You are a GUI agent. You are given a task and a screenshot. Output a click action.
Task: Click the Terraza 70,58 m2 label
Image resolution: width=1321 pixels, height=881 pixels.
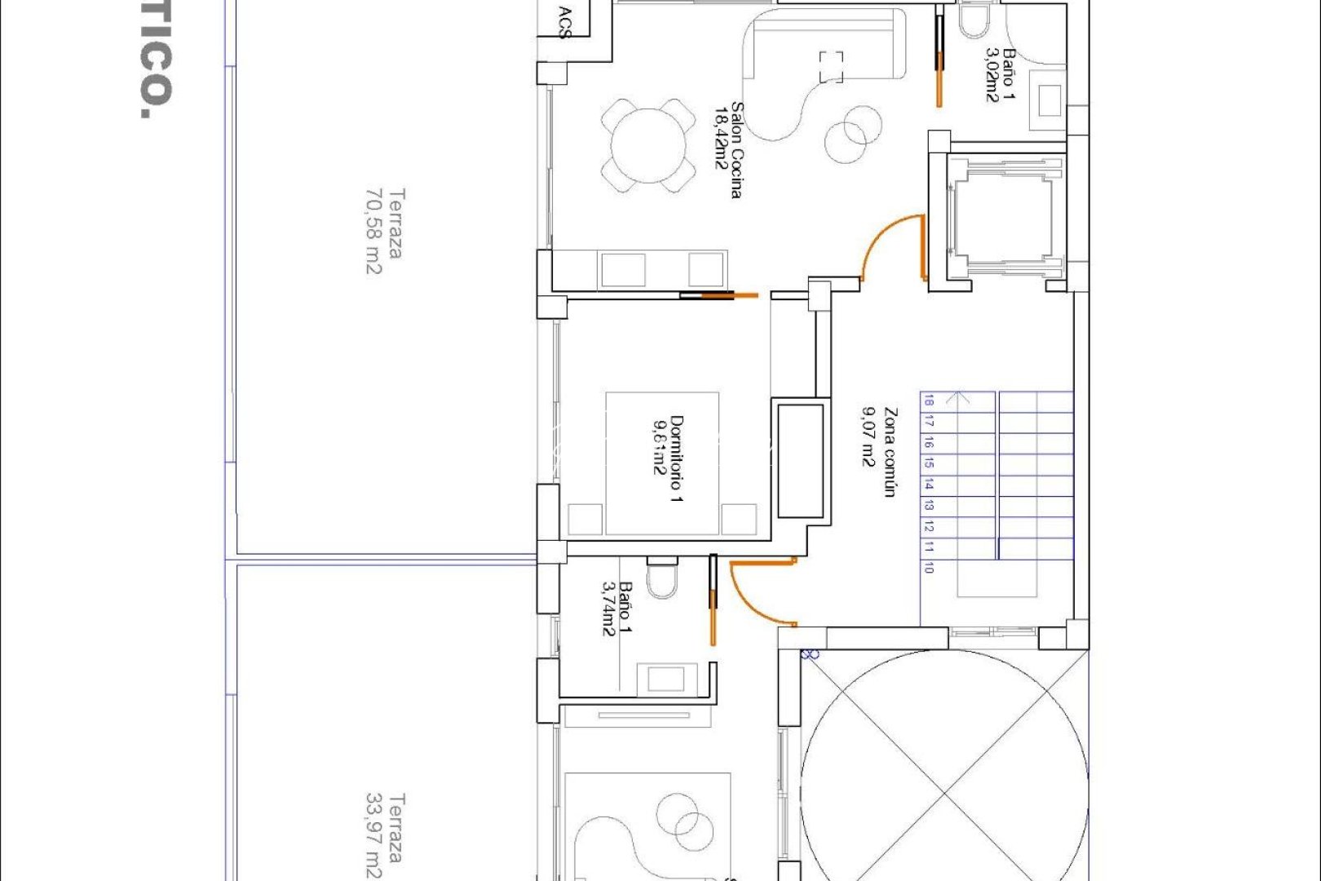tap(385, 232)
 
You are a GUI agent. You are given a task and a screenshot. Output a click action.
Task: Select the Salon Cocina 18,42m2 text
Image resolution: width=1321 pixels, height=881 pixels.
tap(728, 150)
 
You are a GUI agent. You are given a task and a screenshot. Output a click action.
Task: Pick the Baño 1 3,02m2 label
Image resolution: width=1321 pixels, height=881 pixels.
tap(1001, 74)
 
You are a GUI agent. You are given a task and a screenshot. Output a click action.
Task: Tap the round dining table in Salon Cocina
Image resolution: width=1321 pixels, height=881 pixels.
tap(648, 146)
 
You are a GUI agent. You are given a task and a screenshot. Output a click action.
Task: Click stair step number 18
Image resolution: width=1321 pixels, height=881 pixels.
tap(928, 401)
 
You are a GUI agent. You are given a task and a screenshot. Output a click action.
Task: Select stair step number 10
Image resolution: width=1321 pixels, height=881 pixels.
tap(928, 568)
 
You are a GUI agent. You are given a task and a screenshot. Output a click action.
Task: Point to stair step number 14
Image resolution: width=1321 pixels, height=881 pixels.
tap(928, 485)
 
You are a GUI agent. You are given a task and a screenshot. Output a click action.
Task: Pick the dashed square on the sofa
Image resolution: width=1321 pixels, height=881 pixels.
tap(831, 66)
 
